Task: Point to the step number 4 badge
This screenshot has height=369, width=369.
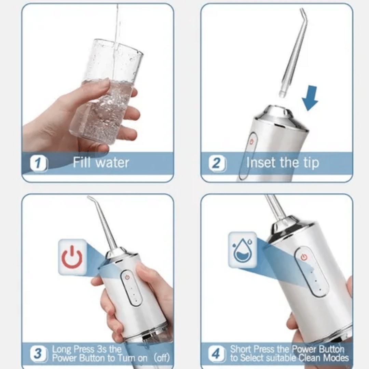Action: pyautogui.click(x=217, y=354)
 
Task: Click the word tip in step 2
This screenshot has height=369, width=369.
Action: pyautogui.click(x=310, y=163)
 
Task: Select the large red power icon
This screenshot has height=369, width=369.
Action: pyautogui.click(x=72, y=257)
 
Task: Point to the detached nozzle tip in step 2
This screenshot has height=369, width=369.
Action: pyautogui.click(x=292, y=55)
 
